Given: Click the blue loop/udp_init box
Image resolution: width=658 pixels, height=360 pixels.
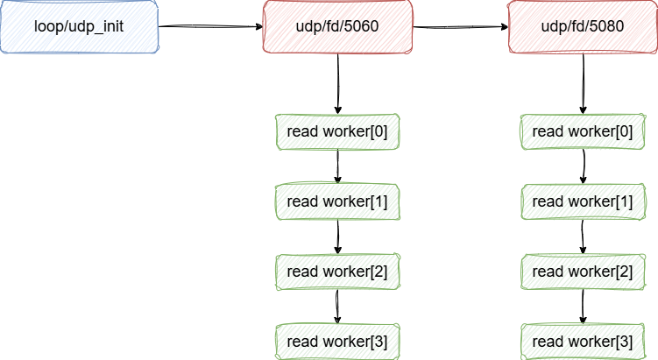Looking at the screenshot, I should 79,26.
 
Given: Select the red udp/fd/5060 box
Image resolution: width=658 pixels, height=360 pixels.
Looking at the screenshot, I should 338,26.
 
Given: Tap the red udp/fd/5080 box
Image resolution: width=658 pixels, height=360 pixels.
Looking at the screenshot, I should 583,26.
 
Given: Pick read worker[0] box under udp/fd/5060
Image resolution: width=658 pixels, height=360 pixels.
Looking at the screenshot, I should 337,131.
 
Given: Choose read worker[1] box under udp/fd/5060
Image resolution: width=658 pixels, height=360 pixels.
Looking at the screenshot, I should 337,201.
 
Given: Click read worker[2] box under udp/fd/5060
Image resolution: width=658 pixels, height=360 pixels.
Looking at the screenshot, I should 337,272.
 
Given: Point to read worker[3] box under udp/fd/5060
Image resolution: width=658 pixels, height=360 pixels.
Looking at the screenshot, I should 337,340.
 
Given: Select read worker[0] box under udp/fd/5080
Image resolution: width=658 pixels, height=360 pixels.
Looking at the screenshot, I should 583,131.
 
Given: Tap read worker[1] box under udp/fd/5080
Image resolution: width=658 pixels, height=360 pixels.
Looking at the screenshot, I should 583,201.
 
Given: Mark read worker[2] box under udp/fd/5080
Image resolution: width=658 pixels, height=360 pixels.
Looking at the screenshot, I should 583,272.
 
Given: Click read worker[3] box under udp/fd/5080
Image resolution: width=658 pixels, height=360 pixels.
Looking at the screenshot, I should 583,340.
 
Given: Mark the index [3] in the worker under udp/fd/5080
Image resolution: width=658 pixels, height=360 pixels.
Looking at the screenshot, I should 624,340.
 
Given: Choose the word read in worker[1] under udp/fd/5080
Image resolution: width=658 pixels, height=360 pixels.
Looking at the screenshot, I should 548,201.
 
